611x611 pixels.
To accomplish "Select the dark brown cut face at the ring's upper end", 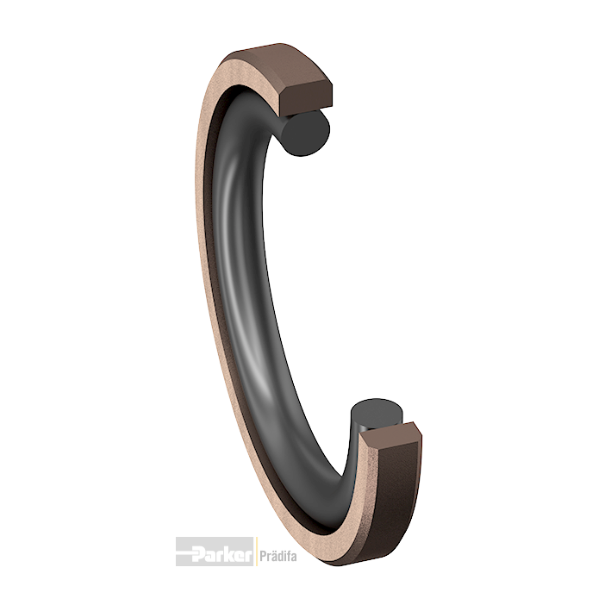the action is pos(306,98).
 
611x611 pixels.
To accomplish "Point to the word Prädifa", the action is pos(277,555).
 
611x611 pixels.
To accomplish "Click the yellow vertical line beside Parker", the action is pos(256,552).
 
